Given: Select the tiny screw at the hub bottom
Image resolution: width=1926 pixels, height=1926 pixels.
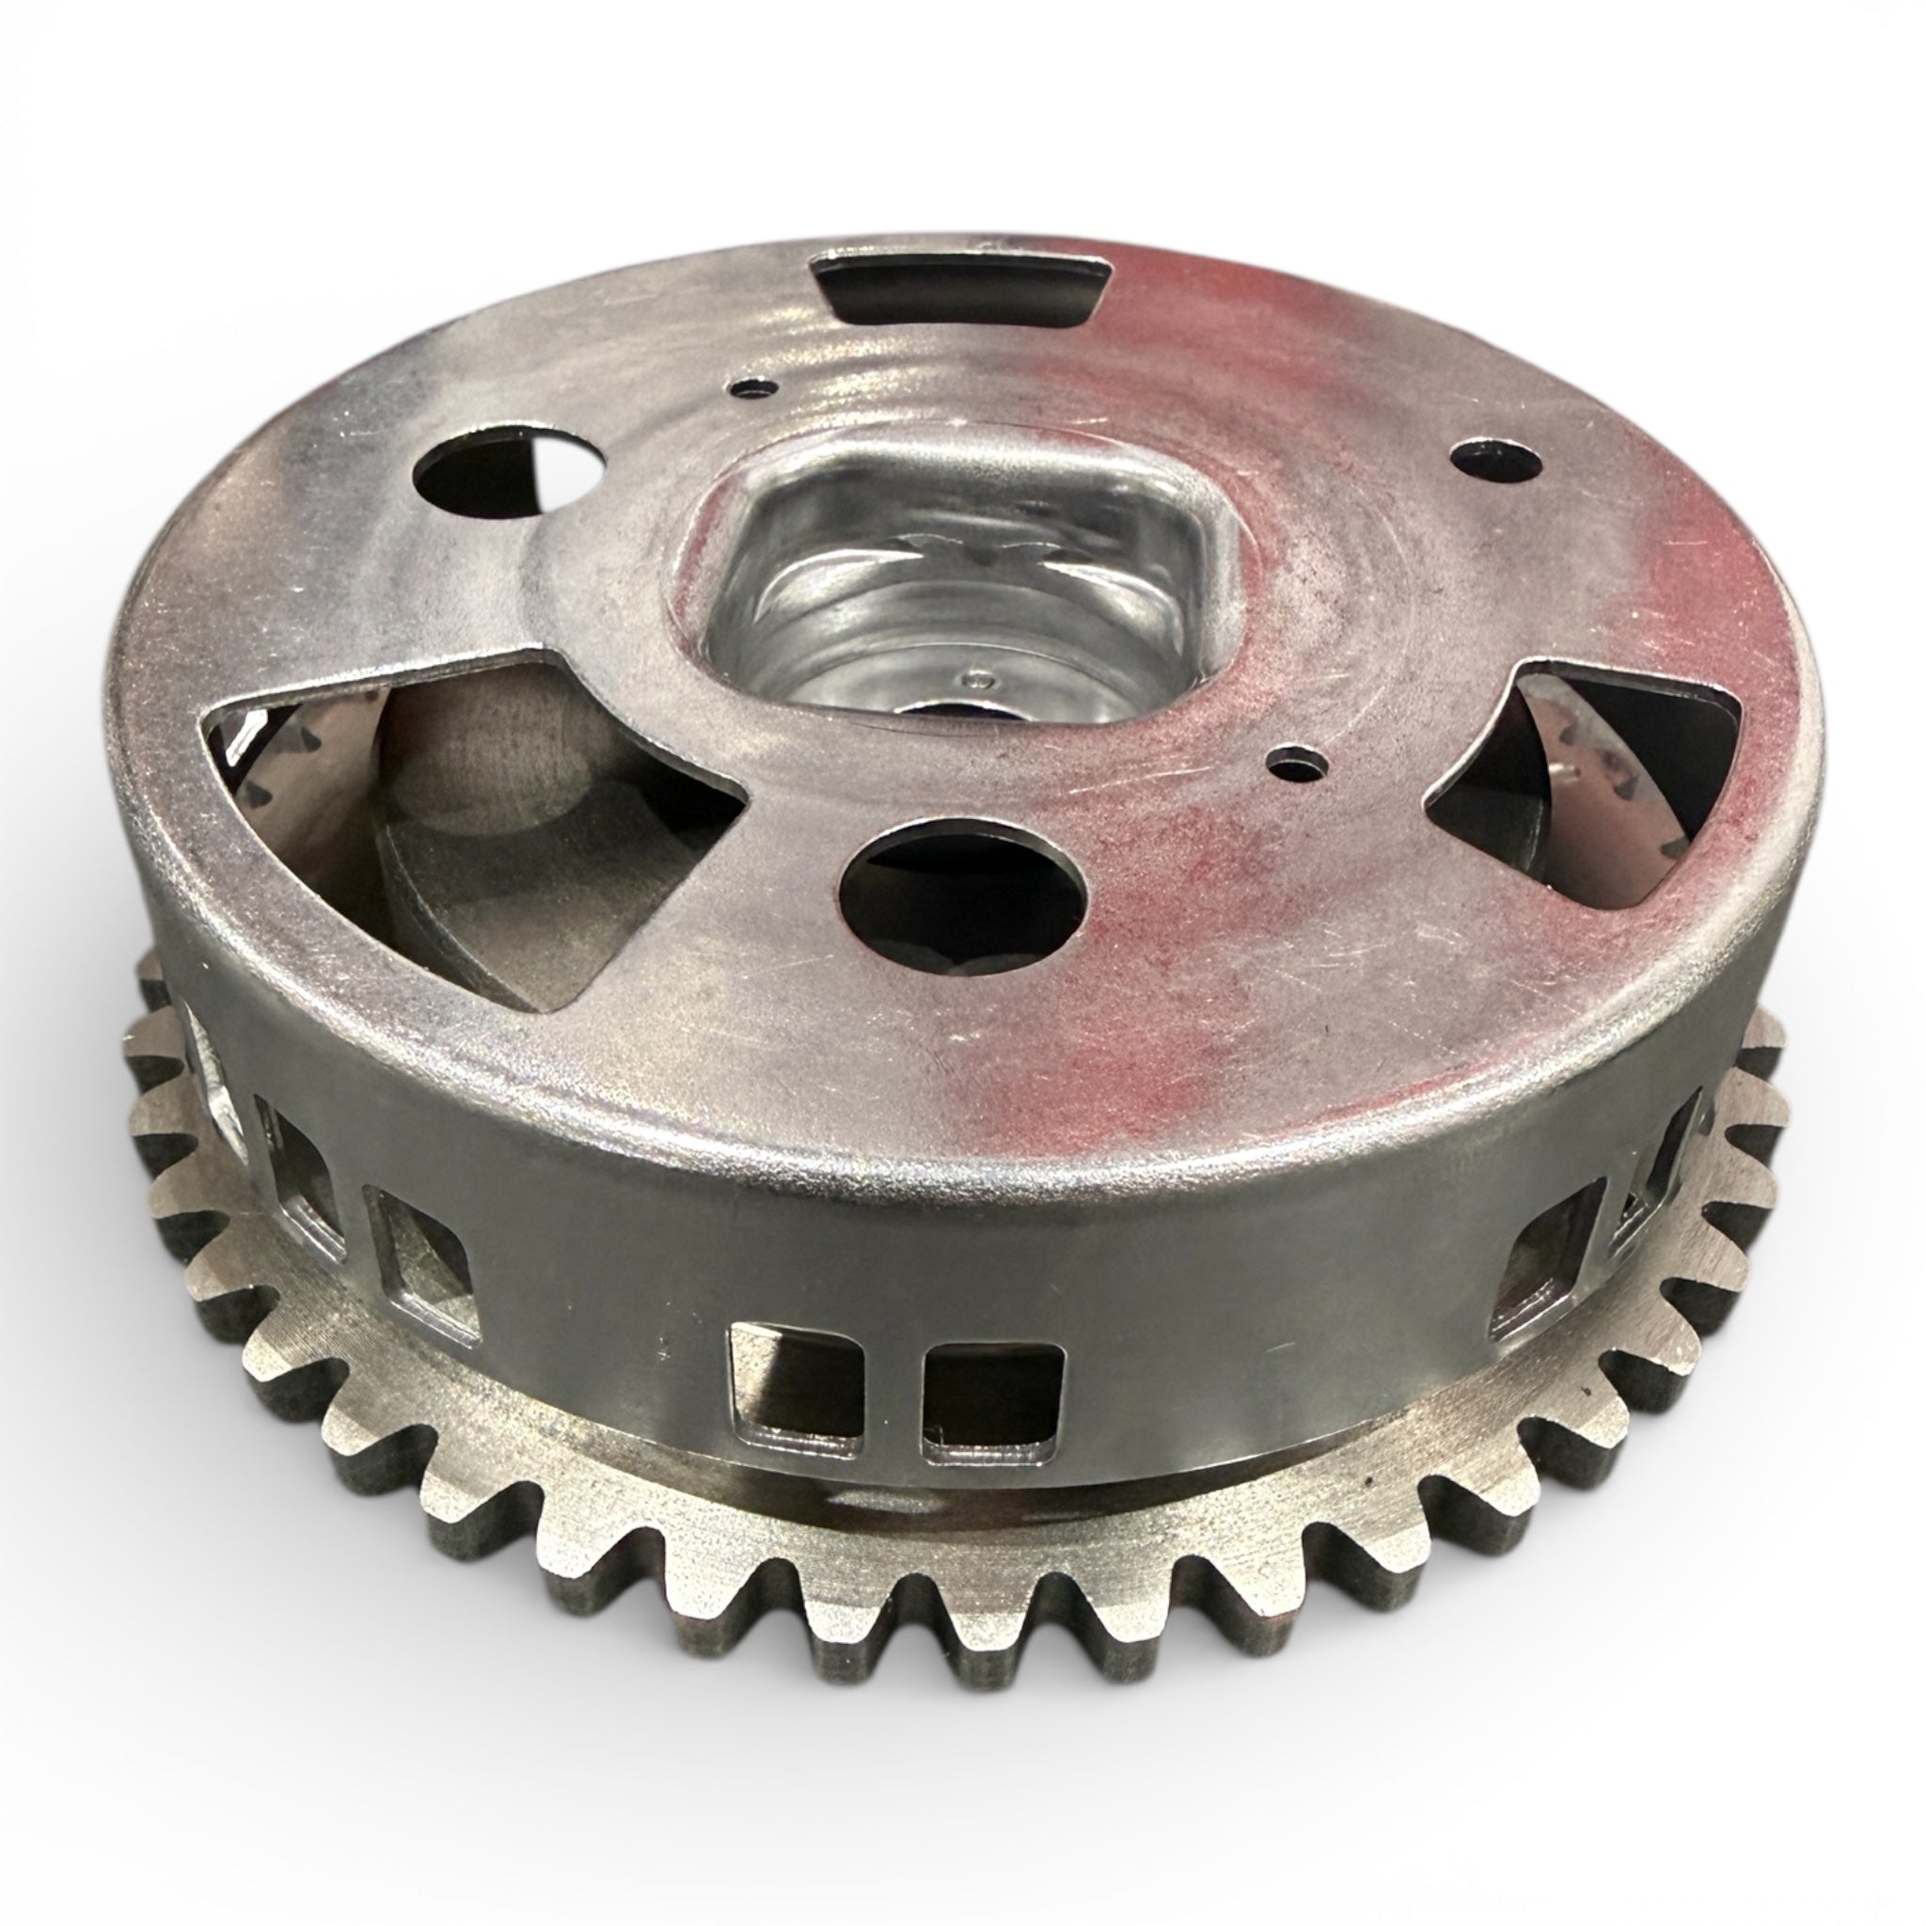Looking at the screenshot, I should click(983, 680).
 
